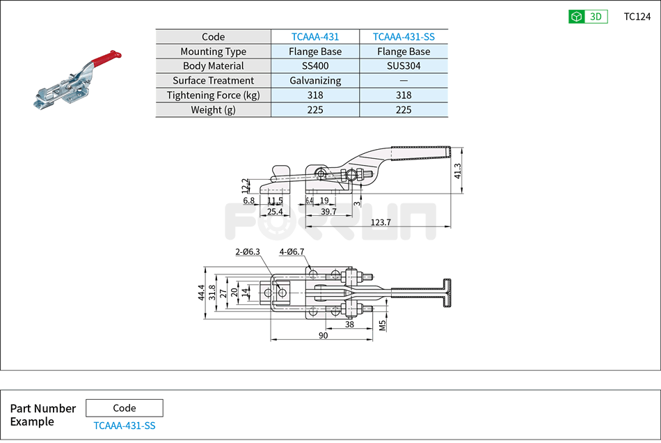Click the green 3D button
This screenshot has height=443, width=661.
point(588,17)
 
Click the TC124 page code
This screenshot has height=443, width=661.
point(637,17)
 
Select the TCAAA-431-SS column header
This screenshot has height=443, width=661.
point(404,37)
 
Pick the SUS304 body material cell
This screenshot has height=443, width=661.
point(404,66)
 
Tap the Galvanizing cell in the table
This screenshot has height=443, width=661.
point(315,81)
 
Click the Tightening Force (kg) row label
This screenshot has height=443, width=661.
point(213,95)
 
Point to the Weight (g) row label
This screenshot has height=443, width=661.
point(213,110)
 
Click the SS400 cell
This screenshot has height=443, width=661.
point(315,66)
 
